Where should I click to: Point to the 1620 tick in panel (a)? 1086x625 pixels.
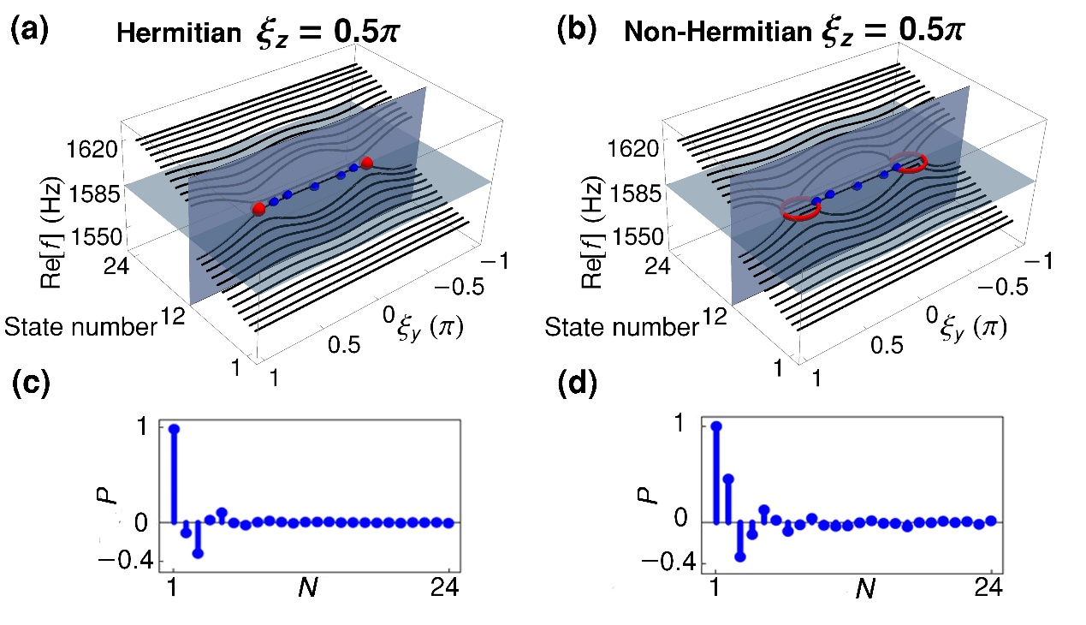point(92,152)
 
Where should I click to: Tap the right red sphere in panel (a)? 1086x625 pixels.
point(367,163)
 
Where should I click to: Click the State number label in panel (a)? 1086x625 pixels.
point(81,326)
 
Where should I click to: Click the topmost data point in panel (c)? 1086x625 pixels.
point(175,428)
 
